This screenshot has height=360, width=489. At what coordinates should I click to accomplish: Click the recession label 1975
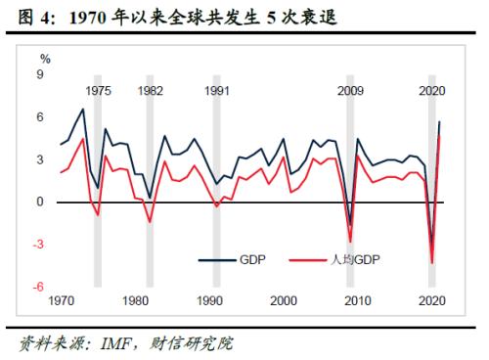pyautogui.click(x=97, y=90)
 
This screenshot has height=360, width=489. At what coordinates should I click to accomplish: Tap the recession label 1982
pyautogui.click(x=150, y=90)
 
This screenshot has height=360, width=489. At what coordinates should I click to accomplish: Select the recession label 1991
pyautogui.click(x=217, y=90)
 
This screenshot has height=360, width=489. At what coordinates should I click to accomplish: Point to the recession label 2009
pyautogui.click(x=350, y=90)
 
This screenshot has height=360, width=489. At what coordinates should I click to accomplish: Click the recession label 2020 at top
pyautogui.click(x=432, y=90)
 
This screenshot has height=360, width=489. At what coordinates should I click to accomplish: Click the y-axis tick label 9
pyautogui.click(x=40, y=74)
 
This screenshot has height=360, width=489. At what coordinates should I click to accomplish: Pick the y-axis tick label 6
pyautogui.click(x=40, y=116)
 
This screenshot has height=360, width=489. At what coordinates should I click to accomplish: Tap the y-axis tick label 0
pyautogui.click(x=40, y=202)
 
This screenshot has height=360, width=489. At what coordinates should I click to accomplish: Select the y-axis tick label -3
pyautogui.click(x=38, y=244)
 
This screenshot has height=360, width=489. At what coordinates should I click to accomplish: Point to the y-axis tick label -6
pyautogui.click(x=38, y=286)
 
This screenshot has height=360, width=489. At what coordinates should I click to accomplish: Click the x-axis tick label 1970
pyautogui.click(x=62, y=300)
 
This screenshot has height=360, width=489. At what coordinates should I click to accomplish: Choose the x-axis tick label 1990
pyautogui.click(x=210, y=300)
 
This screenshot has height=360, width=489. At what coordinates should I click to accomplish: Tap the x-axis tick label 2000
pyautogui.click(x=284, y=300)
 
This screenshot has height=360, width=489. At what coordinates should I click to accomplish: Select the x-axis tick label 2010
pyautogui.click(x=358, y=300)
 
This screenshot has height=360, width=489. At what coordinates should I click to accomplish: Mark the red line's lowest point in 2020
pyautogui.click(x=431, y=262)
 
